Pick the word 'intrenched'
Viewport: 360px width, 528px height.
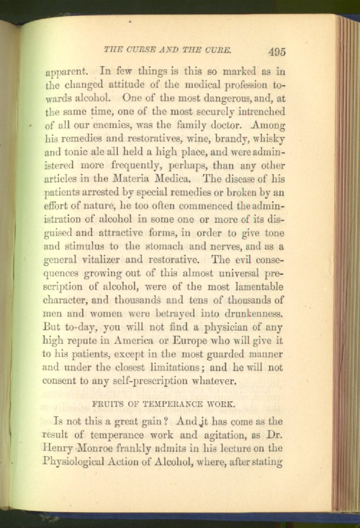[261, 112]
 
